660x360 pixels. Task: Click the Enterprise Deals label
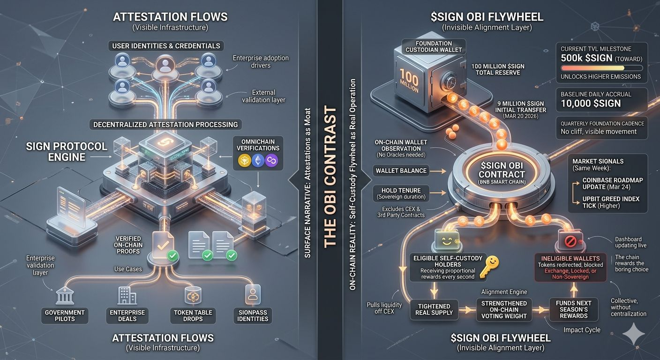point(127,315)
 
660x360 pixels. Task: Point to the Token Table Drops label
point(193,315)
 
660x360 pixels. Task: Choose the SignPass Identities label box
point(253,315)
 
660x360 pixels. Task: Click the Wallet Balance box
point(401,171)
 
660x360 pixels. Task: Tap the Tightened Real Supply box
point(435,309)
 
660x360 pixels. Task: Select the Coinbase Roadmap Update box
point(612,183)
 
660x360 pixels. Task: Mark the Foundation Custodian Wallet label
point(433,46)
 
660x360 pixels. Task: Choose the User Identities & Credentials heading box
point(166,46)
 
